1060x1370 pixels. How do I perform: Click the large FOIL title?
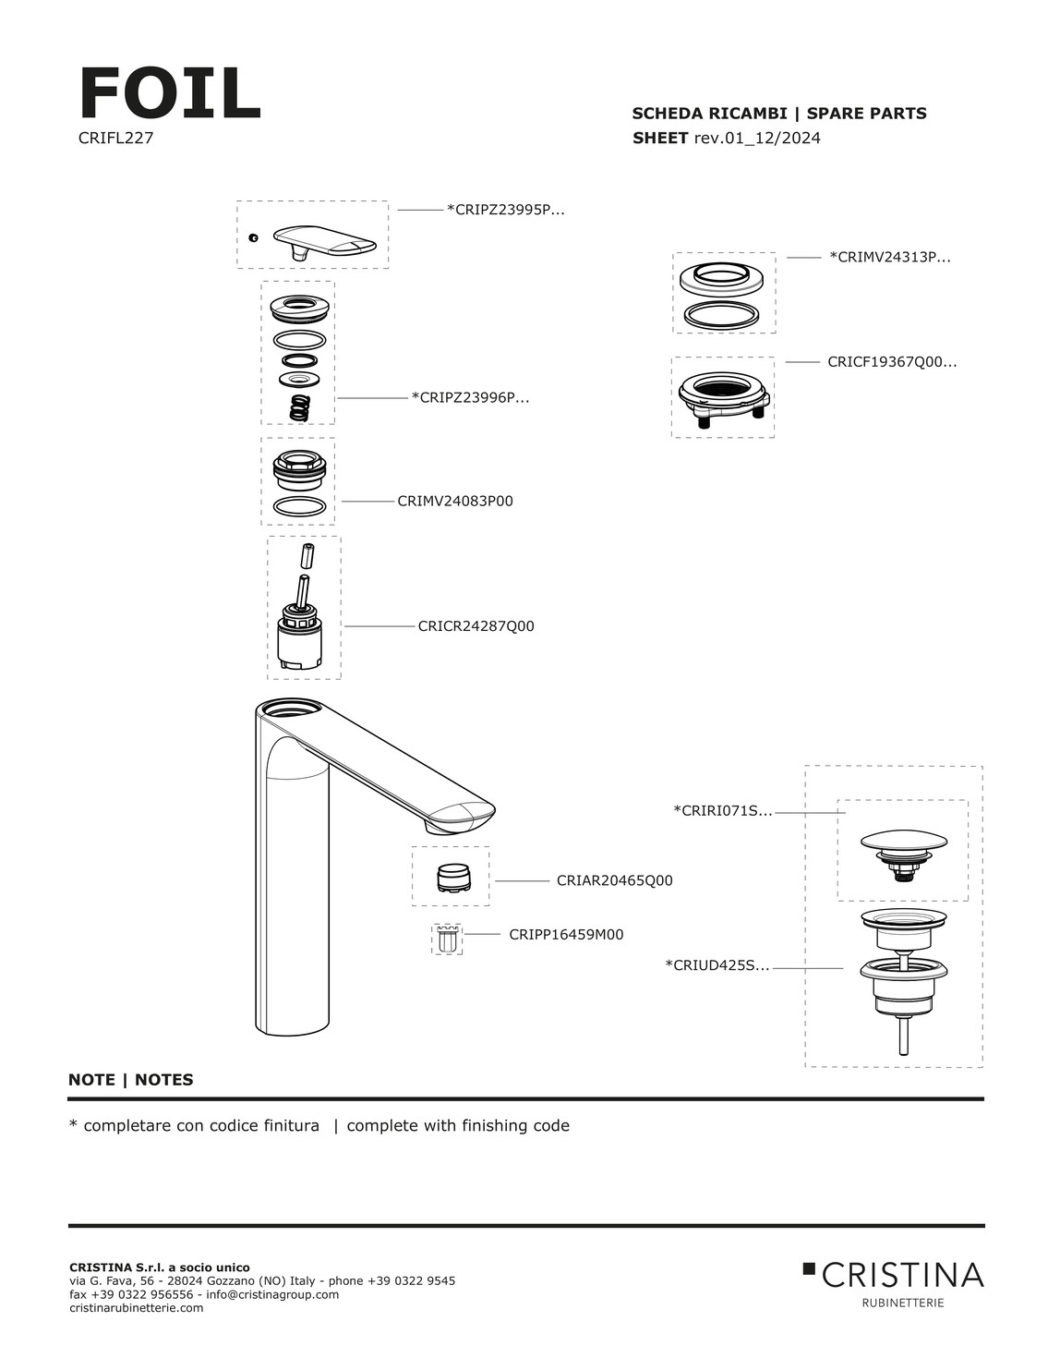(x=170, y=94)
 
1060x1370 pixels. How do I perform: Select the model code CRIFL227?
(x=115, y=139)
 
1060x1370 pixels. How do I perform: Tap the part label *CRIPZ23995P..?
(x=505, y=210)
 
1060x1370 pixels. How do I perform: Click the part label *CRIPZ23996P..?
(x=470, y=398)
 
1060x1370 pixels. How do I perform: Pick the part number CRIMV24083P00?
(x=455, y=502)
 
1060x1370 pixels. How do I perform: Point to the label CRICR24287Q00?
(x=476, y=626)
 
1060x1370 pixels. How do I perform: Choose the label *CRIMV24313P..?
(x=890, y=258)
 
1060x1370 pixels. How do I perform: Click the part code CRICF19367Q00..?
(x=892, y=362)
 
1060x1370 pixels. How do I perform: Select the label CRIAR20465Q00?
(x=614, y=881)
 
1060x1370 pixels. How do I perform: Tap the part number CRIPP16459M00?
(x=566, y=935)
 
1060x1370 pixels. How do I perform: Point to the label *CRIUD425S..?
(x=717, y=966)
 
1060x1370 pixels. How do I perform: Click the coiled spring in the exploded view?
(x=297, y=407)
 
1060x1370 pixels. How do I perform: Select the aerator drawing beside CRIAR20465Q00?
(x=452, y=877)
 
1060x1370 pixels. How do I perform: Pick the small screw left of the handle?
(x=253, y=238)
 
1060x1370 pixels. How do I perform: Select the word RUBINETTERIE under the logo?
(x=902, y=1303)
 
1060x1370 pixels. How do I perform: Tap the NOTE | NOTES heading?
(x=131, y=1080)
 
